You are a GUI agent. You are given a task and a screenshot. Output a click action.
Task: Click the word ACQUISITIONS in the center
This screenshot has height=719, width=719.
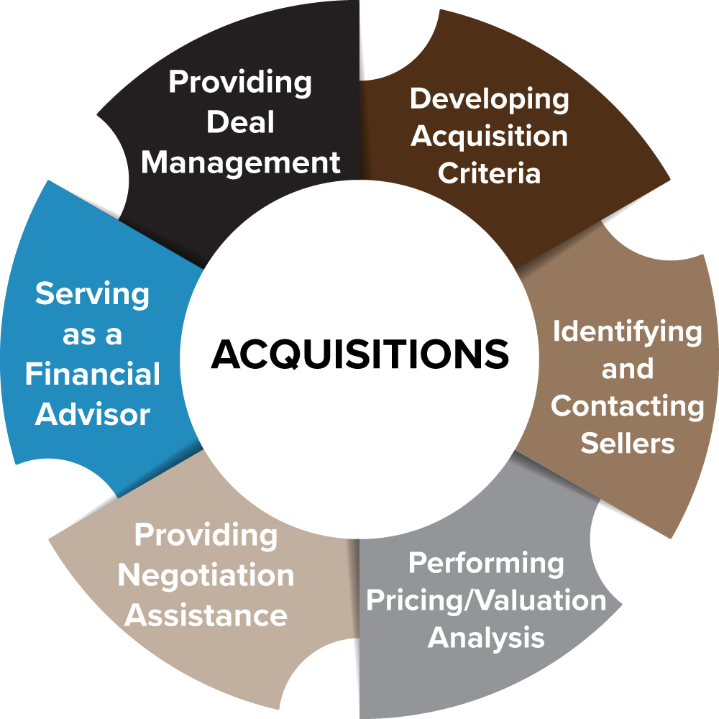click(x=359, y=354)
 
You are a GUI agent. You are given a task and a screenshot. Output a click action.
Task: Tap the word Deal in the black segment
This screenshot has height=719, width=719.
click(x=240, y=122)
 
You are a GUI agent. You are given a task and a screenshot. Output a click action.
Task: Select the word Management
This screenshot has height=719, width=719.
click(x=240, y=162)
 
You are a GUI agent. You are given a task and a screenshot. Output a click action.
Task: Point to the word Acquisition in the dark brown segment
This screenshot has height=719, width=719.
click(x=489, y=136)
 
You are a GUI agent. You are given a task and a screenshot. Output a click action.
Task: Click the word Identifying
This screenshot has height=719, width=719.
click(x=627, y=331)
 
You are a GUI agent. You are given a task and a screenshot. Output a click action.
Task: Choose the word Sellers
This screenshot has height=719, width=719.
click(x=627, y=443)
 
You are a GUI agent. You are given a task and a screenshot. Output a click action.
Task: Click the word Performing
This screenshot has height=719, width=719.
click(x=486, y=563)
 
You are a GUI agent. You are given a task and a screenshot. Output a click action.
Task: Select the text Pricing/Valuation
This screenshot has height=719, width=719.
click(x=486, y=600)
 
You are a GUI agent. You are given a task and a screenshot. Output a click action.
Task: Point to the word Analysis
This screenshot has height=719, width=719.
click(x=486, y=638)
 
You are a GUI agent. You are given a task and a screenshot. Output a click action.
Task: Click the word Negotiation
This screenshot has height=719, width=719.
click(x=206, y=575)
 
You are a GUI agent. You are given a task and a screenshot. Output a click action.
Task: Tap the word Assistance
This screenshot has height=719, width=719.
click(x=206, y=615)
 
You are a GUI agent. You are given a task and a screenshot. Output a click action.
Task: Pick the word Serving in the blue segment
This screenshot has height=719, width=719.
click(x=92, y=295)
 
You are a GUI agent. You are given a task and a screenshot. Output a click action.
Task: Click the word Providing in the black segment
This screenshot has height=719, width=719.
click(x=240, y=82)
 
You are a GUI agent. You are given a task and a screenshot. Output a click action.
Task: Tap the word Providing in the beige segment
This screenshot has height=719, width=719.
click(x=206, y=535)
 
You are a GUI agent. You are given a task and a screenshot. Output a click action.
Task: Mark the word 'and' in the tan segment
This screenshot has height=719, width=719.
click(x=627, y=369)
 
